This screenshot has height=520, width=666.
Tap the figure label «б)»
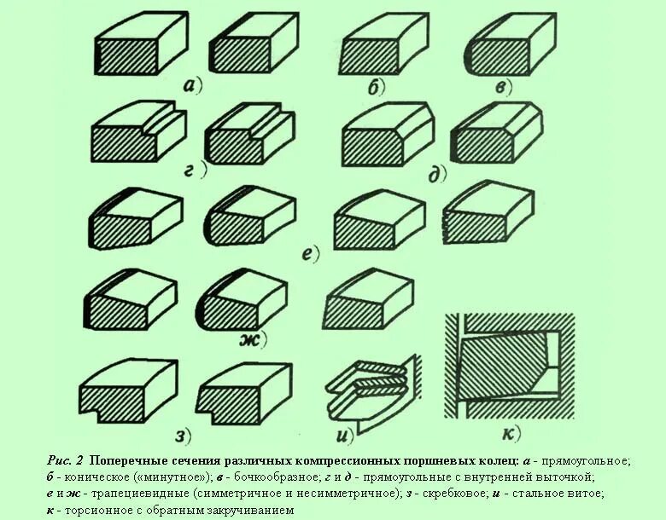pyautogui.click(x=377, y=86)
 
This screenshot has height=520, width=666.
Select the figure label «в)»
pyautogui.click(x=501, y=86)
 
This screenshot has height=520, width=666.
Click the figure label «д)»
pyautogui.click(x=437, y=175)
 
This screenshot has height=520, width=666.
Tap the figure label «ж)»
pyautogui.click(x=252, y=341)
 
